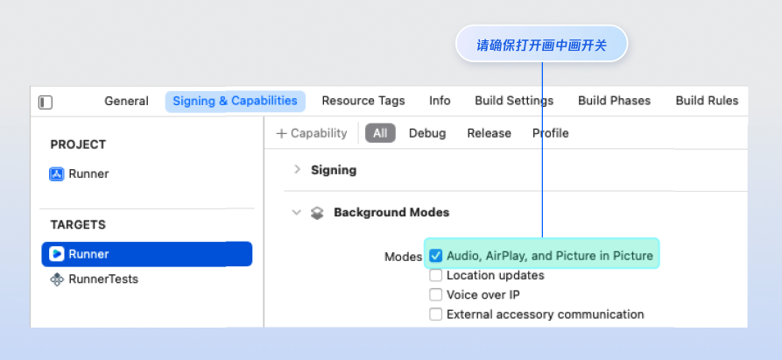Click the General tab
(126, 101)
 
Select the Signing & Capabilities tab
(235, 101)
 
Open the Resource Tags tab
(363, 101)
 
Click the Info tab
(440, 101)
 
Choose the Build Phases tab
(614, 101)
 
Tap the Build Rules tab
(707, 101)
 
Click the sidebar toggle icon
(46, 102)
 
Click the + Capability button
(312, 133)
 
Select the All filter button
(380, 133)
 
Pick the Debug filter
(427, 133)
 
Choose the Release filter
(489, 133)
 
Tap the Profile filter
(551, 133)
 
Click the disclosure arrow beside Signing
(297, 170)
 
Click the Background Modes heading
(391, 212)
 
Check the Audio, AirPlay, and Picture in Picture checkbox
(436, 256)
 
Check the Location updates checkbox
(436, 275)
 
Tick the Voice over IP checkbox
(436, 294)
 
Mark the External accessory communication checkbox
(436, 314)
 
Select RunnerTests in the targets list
(102, 279)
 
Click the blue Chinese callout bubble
(541, 45)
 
